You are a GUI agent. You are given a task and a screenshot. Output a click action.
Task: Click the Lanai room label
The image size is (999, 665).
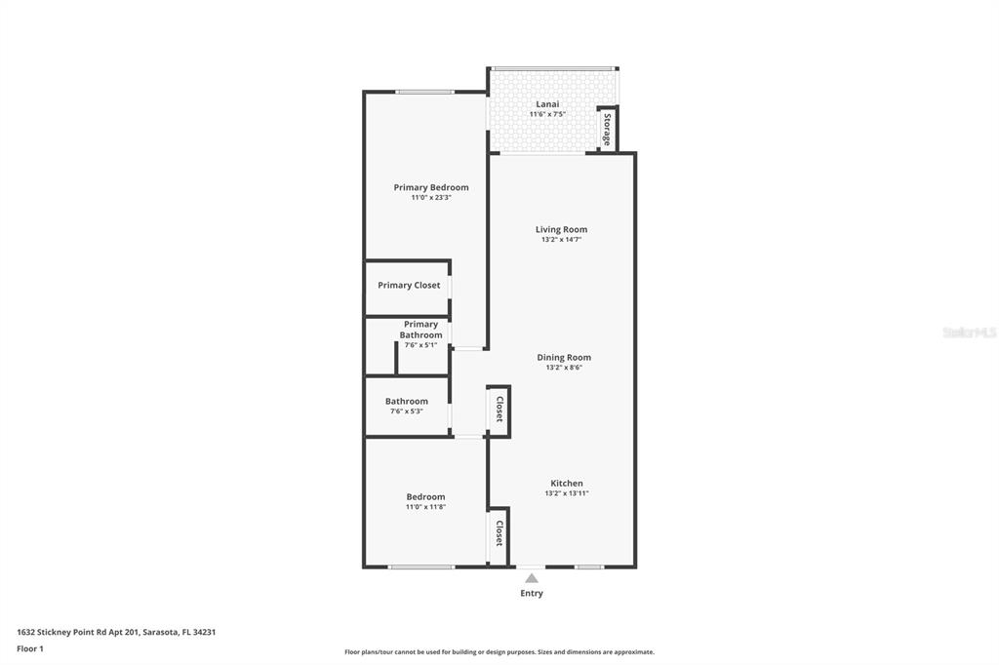[547, 103]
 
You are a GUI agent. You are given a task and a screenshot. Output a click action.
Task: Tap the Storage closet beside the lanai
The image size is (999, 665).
[607, 130]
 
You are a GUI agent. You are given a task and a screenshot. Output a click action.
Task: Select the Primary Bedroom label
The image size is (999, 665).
[430, 187]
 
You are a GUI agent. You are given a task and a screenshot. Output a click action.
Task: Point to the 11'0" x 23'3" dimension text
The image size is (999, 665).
[430, 198]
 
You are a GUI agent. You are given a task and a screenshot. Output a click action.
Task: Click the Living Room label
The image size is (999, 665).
[561, 229]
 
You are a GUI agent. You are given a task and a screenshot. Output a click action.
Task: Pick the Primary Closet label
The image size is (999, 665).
[409, 286]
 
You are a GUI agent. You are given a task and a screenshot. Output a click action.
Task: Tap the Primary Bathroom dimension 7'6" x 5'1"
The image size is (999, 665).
[420, 345]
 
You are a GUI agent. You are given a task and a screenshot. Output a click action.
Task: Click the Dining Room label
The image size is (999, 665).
[564, 357]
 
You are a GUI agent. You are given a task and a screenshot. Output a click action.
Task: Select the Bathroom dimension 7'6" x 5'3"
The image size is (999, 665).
[406, 411]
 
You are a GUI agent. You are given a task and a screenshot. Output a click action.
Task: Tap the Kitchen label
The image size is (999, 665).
[566, 483]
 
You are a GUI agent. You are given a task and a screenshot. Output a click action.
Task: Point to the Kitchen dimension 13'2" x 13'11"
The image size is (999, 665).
[566, 493]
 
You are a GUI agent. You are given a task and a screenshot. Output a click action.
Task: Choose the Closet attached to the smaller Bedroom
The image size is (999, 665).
[499, 533]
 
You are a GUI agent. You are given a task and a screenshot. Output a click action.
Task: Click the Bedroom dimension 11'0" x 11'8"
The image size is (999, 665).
[425, 507]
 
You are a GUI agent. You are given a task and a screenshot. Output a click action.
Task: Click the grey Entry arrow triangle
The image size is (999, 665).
[532, 578]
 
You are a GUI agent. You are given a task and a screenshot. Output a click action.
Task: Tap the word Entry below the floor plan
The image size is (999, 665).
[532, 593]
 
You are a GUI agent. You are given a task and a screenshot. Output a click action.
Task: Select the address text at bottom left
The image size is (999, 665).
[116, 632]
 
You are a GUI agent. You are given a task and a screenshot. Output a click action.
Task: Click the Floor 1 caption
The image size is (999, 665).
[30, 648]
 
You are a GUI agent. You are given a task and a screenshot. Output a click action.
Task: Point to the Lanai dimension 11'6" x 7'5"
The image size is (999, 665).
[547, 114]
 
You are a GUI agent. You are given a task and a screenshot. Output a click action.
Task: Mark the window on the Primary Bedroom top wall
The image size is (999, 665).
[424, 92]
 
